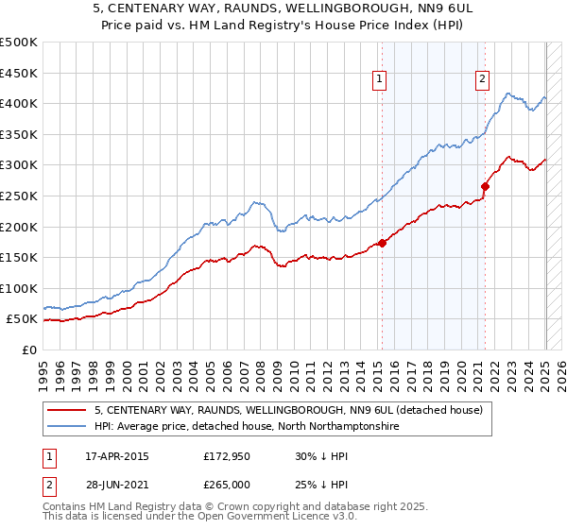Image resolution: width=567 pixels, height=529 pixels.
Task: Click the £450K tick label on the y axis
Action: coord(19,73)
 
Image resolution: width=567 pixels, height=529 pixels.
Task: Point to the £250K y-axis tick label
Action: coord(19,196)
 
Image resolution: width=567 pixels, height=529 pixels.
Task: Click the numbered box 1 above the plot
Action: coord(379,80)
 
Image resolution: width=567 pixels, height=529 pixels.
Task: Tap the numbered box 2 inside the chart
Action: coord(482,80)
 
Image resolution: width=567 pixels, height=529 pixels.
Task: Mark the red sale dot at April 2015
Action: coord(382,243)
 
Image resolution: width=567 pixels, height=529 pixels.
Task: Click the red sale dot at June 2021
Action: coord(485,186)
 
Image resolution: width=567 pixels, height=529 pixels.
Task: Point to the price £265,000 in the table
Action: coord(226,485)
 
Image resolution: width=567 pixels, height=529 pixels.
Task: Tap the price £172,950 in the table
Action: coord(226,456)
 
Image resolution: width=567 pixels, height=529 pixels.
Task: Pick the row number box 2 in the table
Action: coord(48,485)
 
